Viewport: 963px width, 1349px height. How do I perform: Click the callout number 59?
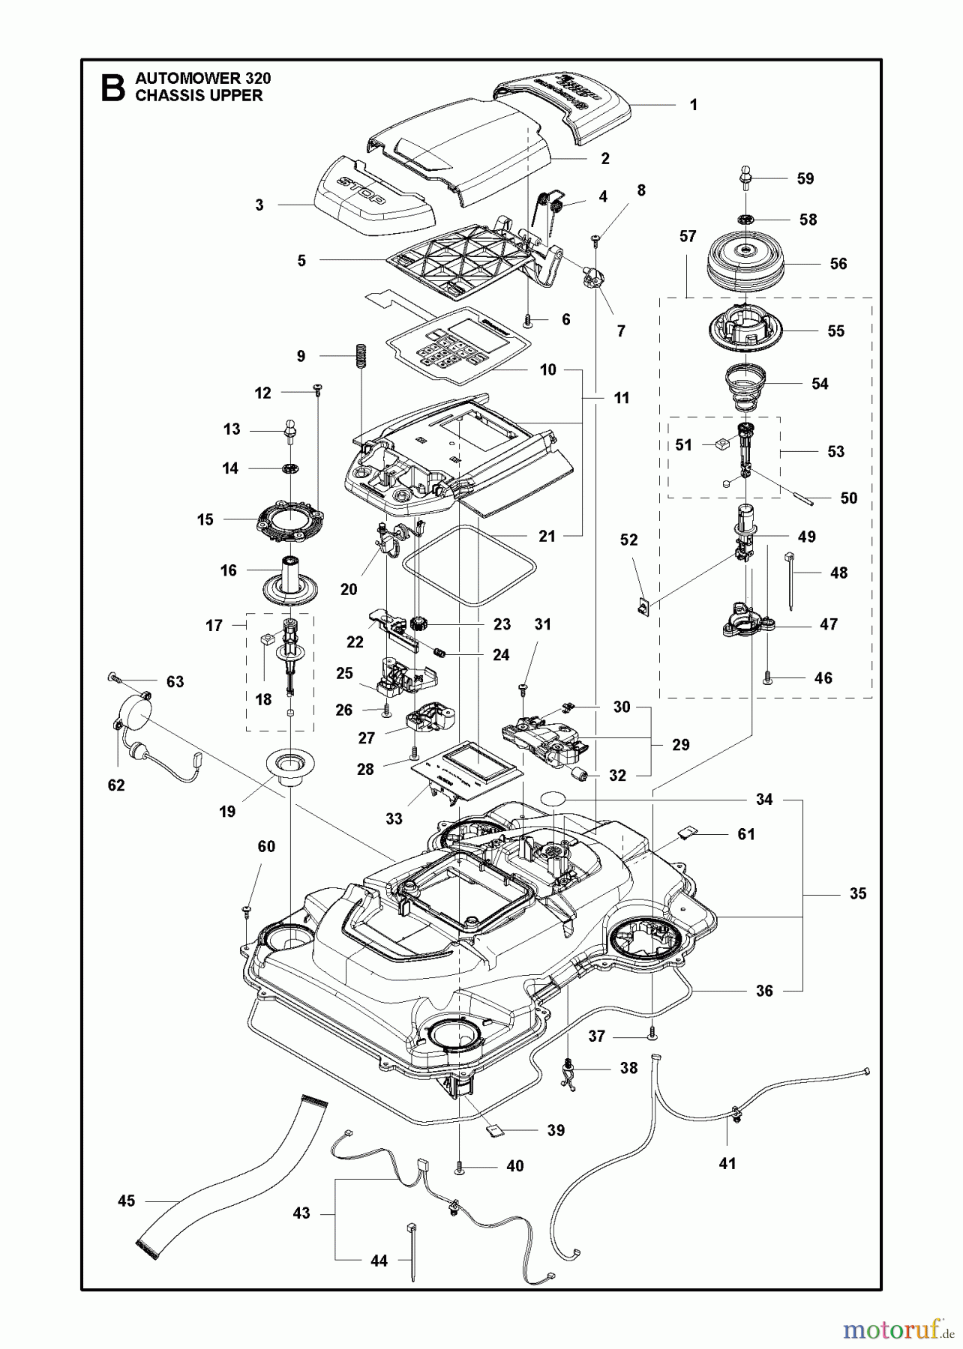pos(805,178)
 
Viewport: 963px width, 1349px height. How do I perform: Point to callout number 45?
pos(127,1201)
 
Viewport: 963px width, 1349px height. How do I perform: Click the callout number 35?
pos(858,893)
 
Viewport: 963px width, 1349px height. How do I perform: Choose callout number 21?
pos(547,536)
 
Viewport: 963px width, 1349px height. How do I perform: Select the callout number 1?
pos(694,105)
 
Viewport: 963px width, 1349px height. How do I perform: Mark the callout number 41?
pos(727,1164)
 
